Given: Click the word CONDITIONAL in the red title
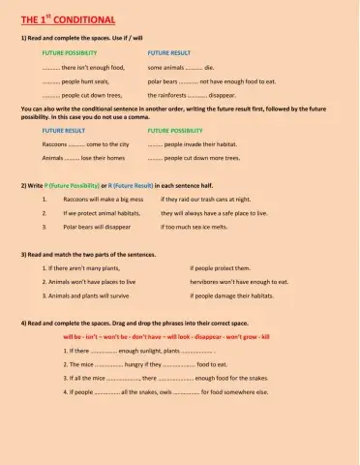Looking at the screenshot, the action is point(85,19).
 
